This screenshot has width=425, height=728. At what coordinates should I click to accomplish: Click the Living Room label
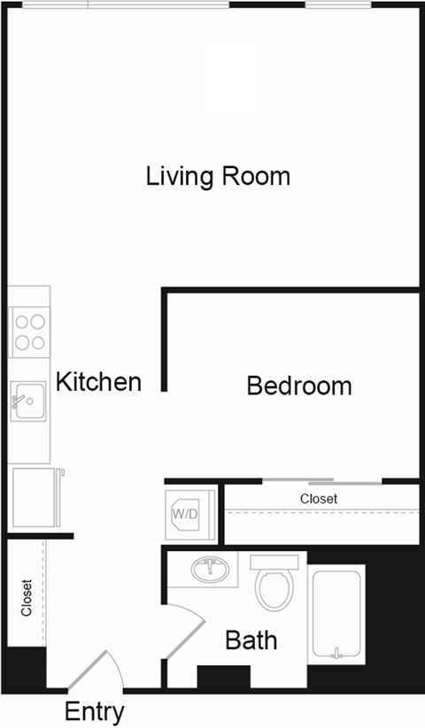click(x=218, y=176)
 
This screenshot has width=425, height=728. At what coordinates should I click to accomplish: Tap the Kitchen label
click(x=98, y=382)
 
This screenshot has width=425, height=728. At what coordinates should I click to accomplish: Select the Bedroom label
click(x=298, y=387)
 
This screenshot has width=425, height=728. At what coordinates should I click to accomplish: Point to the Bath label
click(x=251, y=640)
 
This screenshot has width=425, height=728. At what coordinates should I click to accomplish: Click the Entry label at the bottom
click(x=95, y=711)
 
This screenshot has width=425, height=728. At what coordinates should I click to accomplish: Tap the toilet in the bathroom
click(x=274, y=589)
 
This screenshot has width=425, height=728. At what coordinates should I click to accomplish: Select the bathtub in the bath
click(x=336, y=617)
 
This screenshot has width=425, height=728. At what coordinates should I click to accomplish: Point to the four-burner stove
click(x=28, y=331)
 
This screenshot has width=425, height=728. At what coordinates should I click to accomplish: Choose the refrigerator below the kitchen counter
click(x=35, y=496)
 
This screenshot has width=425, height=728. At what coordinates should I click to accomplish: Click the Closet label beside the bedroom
click(x=319, y=499)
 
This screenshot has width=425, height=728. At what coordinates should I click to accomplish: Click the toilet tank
click(x=273, y=562)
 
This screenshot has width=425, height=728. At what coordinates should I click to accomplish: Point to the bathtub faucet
click(x=336, y=655)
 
